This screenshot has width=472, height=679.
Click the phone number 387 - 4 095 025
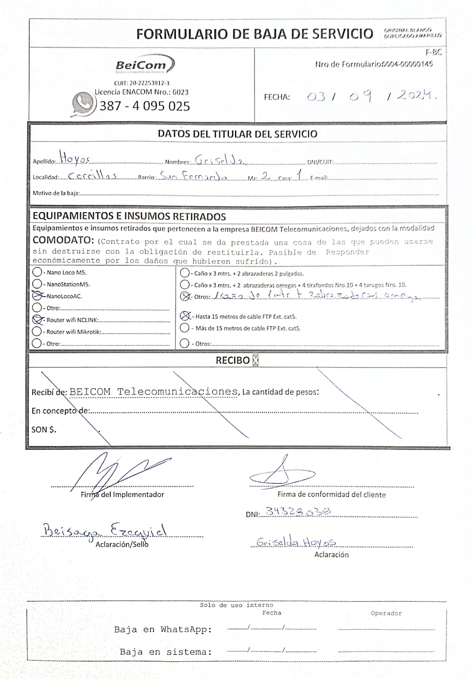145,106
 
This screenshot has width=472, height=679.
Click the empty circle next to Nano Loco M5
37,272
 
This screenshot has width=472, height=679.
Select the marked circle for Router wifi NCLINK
37,319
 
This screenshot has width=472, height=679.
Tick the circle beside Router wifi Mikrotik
37,331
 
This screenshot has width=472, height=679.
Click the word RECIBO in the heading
233,360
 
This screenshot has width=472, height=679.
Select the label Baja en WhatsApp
163,630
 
